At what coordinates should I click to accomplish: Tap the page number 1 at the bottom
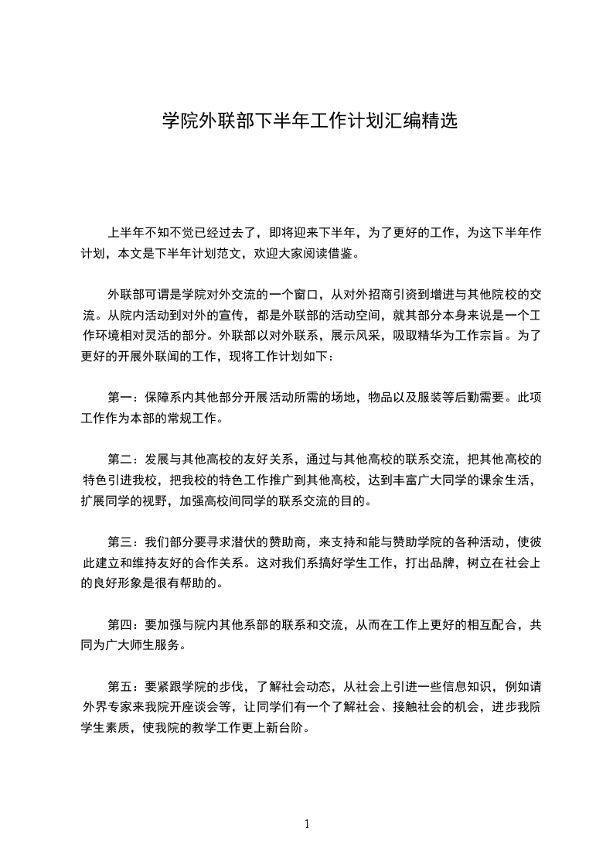pyautogui.click(x=307, y=824)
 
